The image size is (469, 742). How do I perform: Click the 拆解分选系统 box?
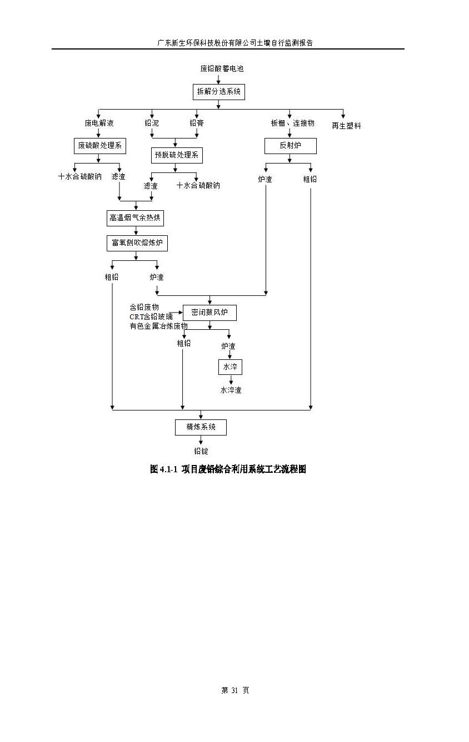point(218,91)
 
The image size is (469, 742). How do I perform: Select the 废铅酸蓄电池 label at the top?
point(222,69)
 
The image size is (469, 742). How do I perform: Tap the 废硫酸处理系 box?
point(99,146)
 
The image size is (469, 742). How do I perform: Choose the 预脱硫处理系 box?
point(177,155)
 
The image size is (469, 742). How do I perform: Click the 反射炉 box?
point(290,146)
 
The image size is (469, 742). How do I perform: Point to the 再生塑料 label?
point(346,126)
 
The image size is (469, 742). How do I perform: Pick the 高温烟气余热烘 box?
point(135,218)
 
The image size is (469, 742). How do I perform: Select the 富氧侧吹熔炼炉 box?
point(137,243)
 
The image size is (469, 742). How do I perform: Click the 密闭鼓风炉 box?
point(209,313)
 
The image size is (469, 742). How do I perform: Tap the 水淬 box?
point(230,367)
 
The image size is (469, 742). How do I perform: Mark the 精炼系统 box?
point(201,427)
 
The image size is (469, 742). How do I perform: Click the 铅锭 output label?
point(201,451)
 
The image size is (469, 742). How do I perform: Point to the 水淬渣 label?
point(231,390)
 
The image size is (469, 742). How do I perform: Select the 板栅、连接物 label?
point(292,123)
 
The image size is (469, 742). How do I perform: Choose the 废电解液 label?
point(99,123)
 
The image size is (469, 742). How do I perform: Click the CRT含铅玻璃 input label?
point(151,316)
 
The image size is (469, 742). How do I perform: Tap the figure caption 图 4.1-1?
point(228,469)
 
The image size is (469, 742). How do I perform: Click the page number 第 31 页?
point(235,690)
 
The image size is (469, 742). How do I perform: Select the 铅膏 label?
point(196,123)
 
